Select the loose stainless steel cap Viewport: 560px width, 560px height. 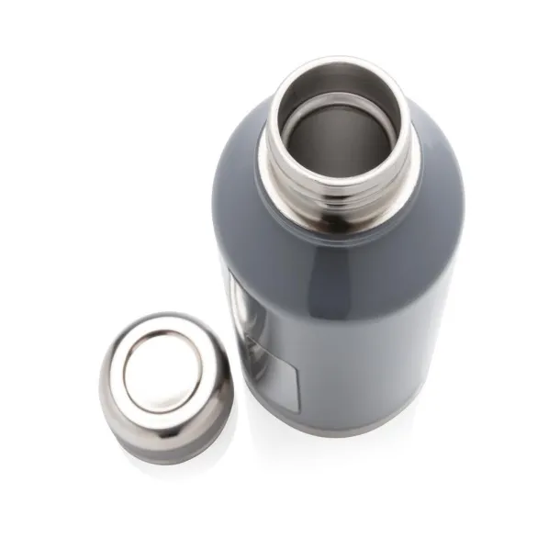coord(166,386)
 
